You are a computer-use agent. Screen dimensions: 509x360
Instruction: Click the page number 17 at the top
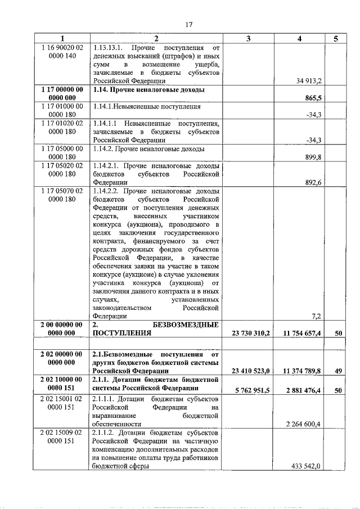tap(188, 24)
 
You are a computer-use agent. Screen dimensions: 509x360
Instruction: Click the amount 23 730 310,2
tap(251, 333)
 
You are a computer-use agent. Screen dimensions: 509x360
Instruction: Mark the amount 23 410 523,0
tap(251, 371)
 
